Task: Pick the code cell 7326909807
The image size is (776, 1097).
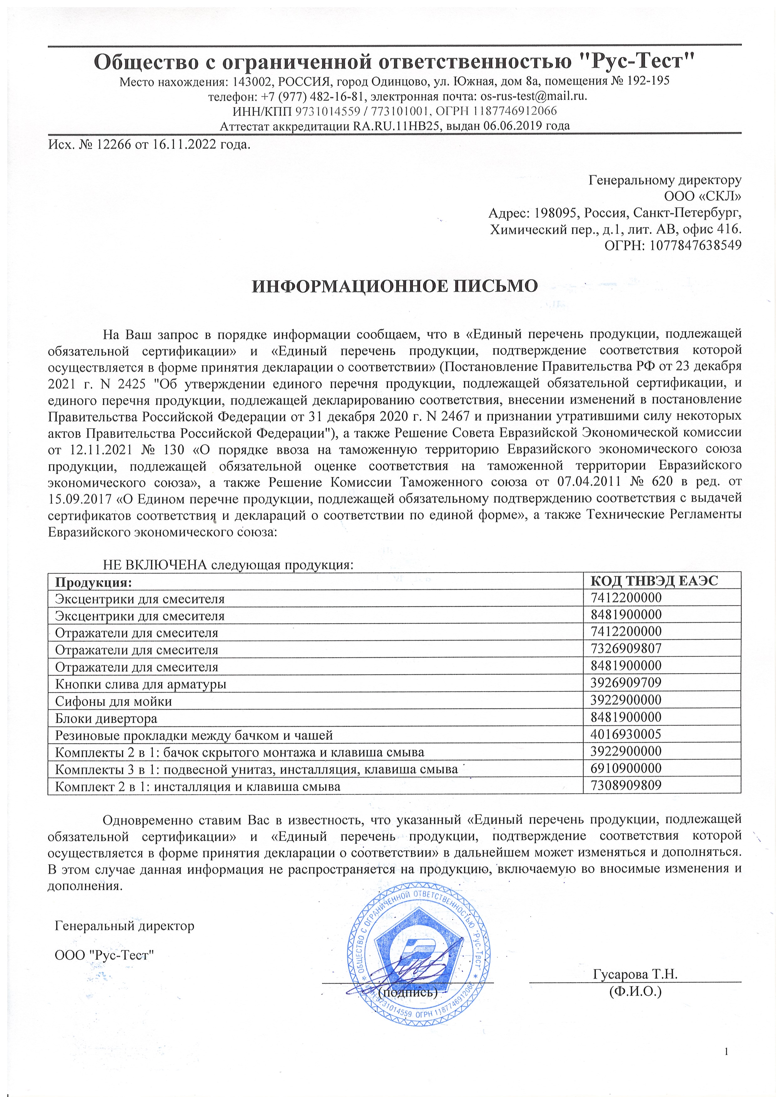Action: (x=625, y=648)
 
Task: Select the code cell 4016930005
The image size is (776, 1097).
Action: (x=625, y=734)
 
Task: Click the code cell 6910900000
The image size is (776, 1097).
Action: (x=625, y=768)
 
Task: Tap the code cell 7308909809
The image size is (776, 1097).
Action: (x=625, y=786)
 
